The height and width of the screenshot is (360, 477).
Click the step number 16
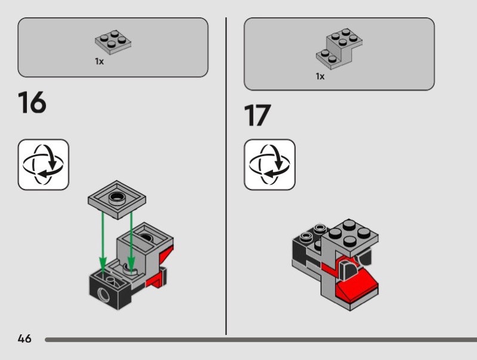pyautogui.click(x=32, y=103)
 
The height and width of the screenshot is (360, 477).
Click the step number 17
pyautogui.click(x=258, y=115)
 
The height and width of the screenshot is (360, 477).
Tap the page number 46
pyautogui.click(x=24, y=339)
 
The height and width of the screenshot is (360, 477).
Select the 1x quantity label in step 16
pyautogui.click(x=99, y=61)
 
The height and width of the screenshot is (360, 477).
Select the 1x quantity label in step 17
pyautogui.click(x=320, y=76)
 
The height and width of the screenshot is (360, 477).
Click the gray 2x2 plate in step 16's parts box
pyautogui.click(x=113, y=42)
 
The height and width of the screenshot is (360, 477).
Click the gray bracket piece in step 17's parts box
pyautogui.click(x=339, y=49)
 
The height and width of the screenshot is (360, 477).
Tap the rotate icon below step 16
pyautogui.click(x=44, y=165)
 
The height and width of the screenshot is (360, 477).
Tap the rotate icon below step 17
pyautogui.click(x=270, y=165)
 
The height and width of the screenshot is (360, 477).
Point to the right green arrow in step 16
pyautogui.click(x=131, y=242)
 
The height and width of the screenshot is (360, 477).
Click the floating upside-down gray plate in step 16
pyautogui.click(x=117, y=200)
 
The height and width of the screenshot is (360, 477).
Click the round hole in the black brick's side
pyautogui.click(x=103, y=294)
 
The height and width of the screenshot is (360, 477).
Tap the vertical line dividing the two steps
pyautogui.click(x=226, y=176)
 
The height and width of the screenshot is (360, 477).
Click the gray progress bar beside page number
pyautogui.click(x=261, y=340)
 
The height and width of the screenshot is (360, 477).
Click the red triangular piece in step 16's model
pyautogui.click(x=166, y=255)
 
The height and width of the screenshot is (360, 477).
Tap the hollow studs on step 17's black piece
pyautogui.click(x=313, y=232)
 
